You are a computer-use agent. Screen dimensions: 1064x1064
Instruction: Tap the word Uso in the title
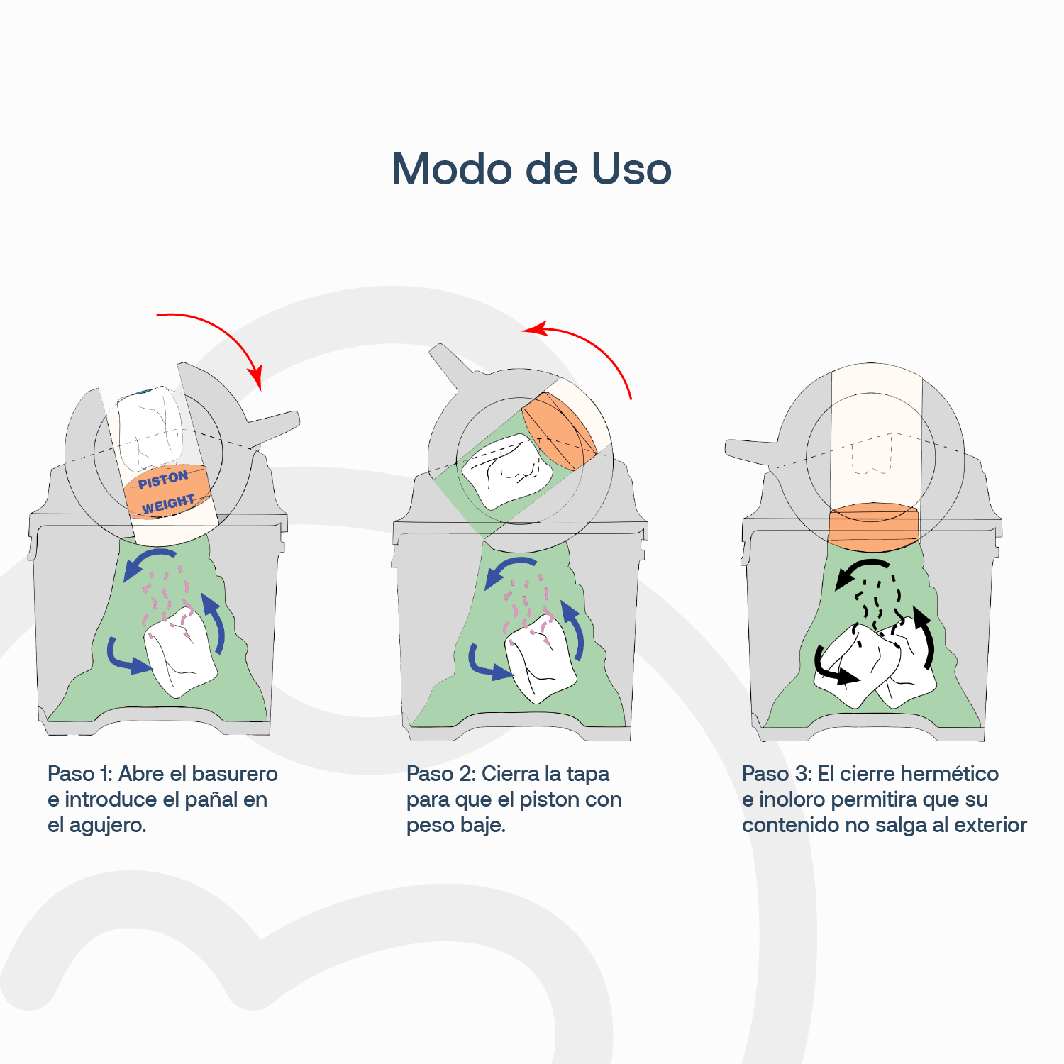coord(631,170)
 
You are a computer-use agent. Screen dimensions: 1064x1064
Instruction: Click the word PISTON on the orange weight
coord(163,480)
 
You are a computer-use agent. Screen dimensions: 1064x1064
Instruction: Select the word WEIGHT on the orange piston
coord(168,504)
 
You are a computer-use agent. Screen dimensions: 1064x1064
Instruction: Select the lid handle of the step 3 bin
coord(752,450)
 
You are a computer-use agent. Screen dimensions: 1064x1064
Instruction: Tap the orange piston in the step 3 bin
coord(873,526)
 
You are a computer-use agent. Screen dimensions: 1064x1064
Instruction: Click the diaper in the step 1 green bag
coord(181,653)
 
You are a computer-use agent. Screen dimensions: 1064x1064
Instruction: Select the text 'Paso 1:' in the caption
coord(79,774)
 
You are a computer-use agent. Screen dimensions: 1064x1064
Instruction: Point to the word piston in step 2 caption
coord(550,799)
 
